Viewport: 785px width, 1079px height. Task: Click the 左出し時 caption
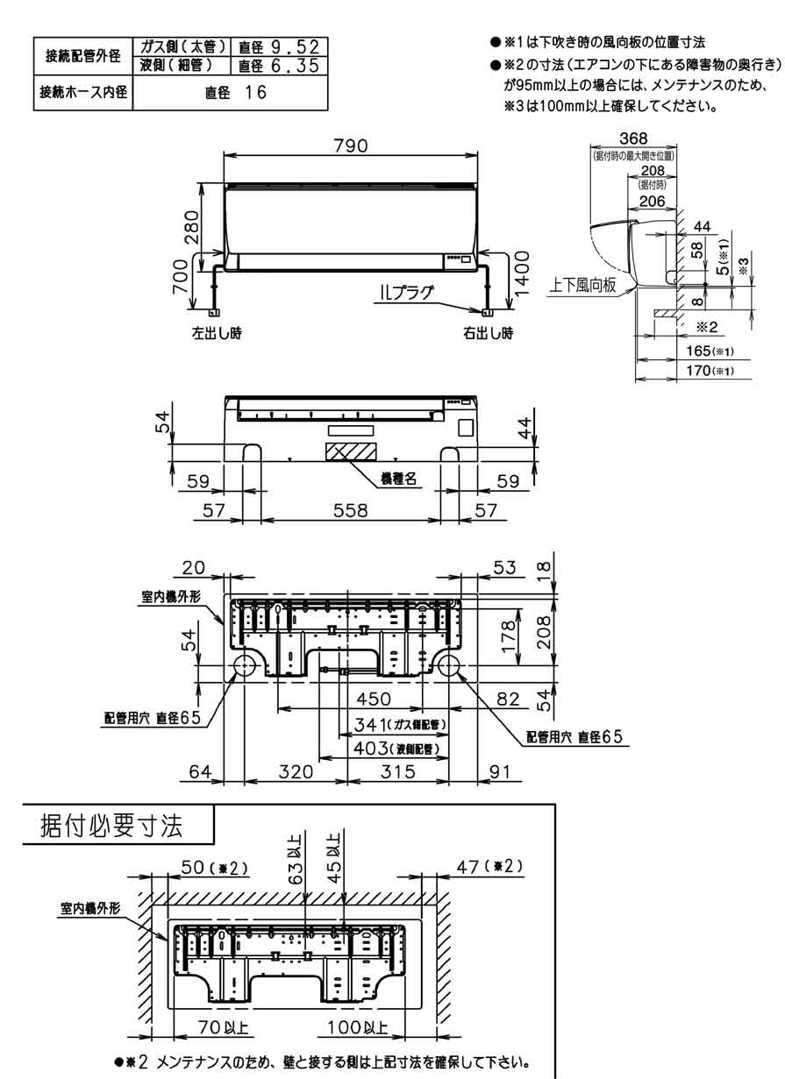(x=218, y=333)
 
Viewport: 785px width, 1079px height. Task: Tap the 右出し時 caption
(x=488, y=333)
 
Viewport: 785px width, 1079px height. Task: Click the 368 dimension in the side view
(x=633, y=138)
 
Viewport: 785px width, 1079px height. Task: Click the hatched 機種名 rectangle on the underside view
(x=350, y=452)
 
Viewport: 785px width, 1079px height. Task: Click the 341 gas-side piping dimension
(x=394, y=725)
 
